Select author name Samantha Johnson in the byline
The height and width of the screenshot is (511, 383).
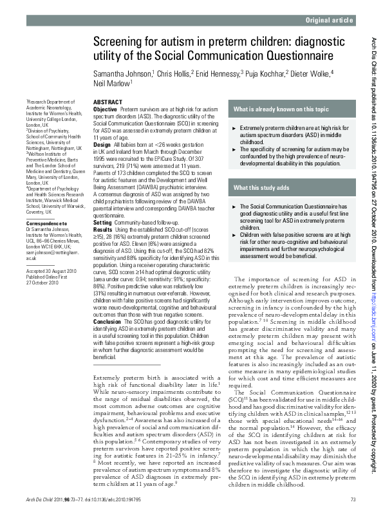coord(122,73)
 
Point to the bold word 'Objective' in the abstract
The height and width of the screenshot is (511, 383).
coord(105,110)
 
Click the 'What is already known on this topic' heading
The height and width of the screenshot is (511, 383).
coord(281,109)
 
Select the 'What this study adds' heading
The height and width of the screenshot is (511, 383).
coord(262,187)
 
